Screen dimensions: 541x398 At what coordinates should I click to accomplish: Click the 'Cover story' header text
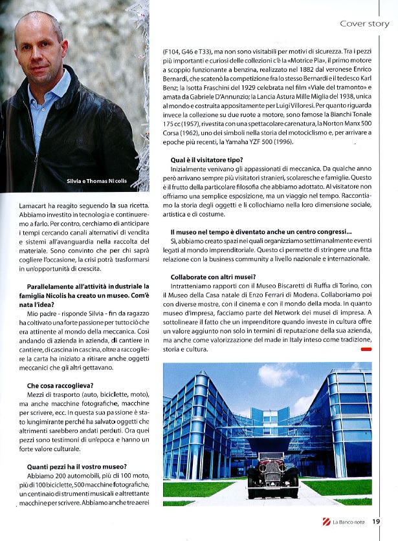(364, 24)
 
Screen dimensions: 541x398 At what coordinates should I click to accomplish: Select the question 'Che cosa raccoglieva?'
(56, 386)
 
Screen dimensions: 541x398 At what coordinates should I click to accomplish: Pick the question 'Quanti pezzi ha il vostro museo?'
(76, 467)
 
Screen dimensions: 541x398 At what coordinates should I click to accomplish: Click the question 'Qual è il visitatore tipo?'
(207, 159)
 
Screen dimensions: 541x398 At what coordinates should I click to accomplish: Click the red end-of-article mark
(366, 349)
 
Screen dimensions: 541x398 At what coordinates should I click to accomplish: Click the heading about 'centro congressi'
(261, 231)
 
